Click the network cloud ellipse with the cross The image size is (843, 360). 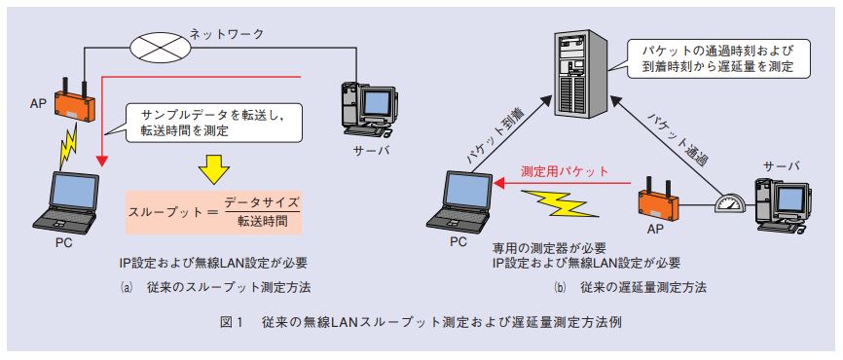161,46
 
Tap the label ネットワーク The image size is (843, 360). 227,34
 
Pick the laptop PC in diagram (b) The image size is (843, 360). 458,200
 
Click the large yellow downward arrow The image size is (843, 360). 214,169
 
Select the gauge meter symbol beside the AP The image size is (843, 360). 729,204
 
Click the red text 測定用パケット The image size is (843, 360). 565,171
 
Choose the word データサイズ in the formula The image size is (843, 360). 261,203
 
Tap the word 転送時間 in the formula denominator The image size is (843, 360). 261,222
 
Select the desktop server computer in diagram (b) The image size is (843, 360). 782,204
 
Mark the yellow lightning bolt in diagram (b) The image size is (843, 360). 559,203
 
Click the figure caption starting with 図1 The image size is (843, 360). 422,323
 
